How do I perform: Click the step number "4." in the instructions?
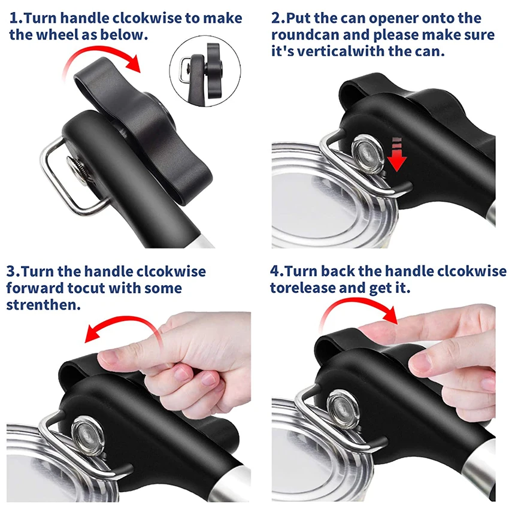pyautogui.click(x=277, y=271)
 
